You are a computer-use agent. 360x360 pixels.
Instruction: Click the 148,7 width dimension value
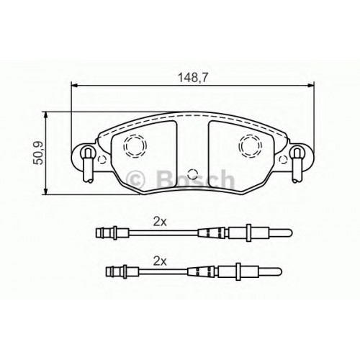(x=192, y=78)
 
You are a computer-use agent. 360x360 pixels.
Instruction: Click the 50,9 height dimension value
(x=38, y=153)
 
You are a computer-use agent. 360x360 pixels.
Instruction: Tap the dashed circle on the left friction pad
(x=135, y=146)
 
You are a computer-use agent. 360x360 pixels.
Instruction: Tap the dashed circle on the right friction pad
(x=251, y=146)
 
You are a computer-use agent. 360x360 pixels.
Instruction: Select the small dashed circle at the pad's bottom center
(x=192, y=174)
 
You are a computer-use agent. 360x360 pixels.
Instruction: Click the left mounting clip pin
(x=87, y=165)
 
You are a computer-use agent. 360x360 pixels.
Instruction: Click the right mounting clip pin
(x=297, y=165)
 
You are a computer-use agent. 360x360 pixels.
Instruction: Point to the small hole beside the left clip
(x=102, y=159)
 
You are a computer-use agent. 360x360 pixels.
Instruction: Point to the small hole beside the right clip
(x=283, y=159)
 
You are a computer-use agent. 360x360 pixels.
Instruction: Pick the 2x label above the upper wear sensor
(x=160, y=222)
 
